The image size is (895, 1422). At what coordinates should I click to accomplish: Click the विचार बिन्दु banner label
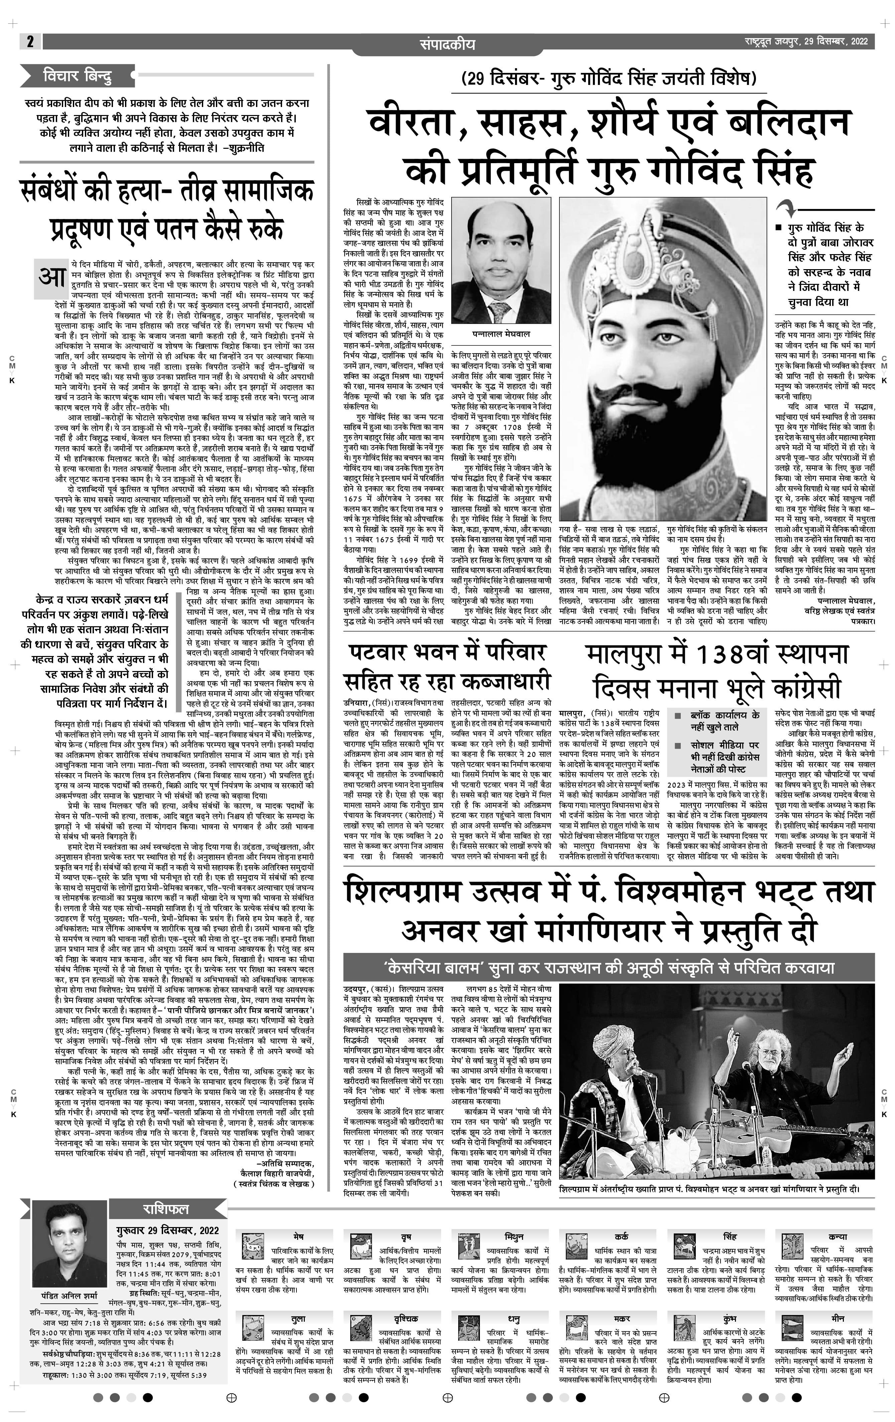[77, 76]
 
